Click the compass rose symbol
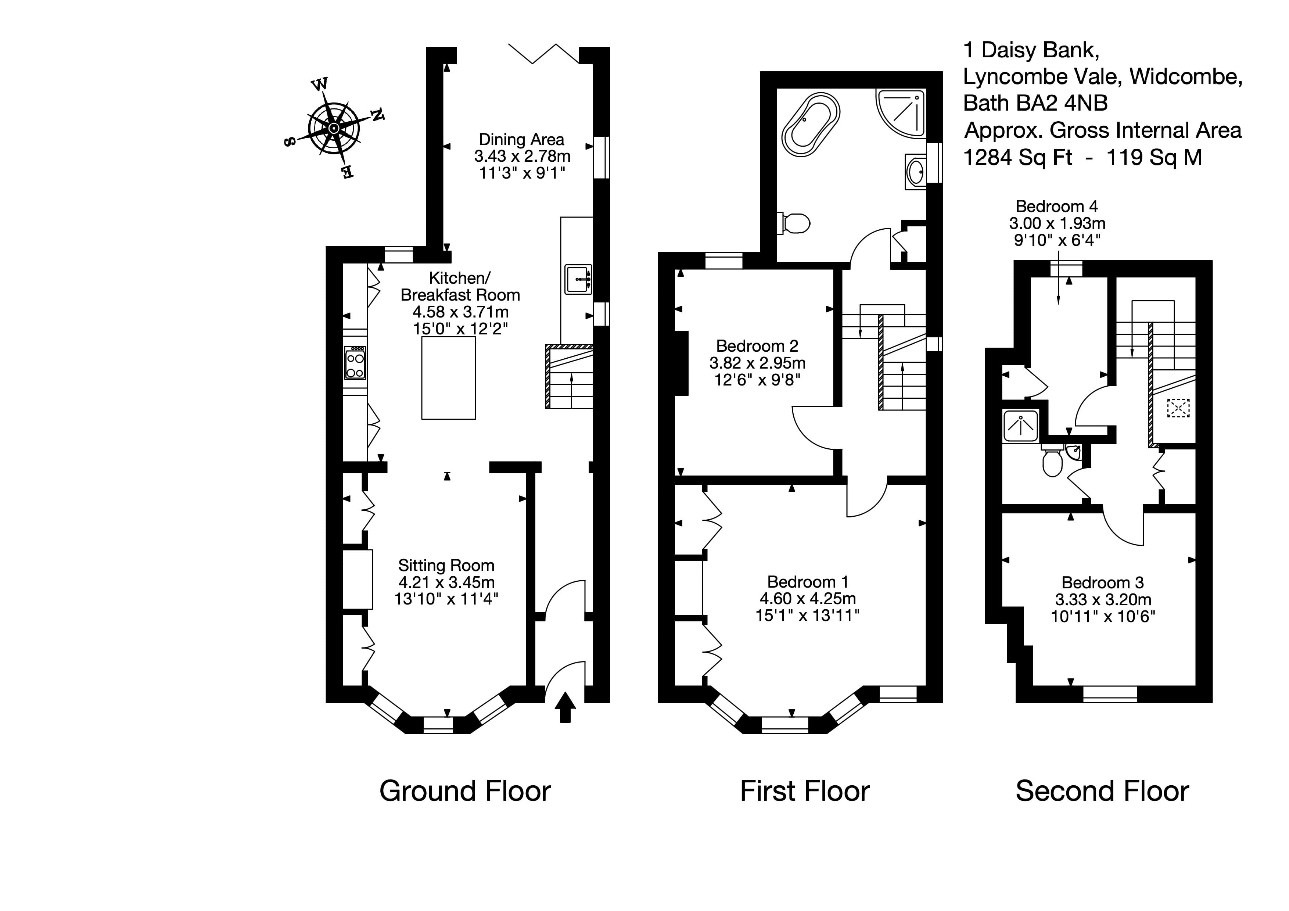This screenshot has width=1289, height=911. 334,129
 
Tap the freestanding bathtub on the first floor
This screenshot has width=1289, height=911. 811,124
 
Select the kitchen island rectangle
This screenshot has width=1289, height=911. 449,378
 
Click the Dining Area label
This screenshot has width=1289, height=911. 521,140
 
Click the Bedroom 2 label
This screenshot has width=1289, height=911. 757,346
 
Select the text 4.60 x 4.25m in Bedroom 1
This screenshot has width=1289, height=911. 807,598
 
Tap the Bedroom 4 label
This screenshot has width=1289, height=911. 1056,206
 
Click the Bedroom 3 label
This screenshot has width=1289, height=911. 1102,582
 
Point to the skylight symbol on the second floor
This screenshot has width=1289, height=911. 1178,408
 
